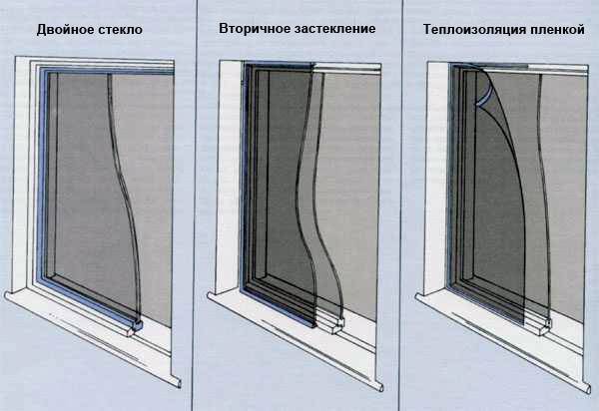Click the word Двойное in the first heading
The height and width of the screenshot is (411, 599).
click(x=66, y=29)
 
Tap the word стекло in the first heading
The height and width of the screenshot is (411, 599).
click(x=121, y=30)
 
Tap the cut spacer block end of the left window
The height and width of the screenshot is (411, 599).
click(x=135, y=326)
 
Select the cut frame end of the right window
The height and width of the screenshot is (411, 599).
click(x=546, y=325)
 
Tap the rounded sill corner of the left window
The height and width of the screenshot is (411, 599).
click(x=179, y=383)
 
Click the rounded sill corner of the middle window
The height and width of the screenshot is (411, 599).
click(x=380, y=386)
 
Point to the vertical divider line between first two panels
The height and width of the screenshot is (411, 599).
click(x=194, y=205)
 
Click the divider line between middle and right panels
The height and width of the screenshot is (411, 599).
click(x=400, y=205)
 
